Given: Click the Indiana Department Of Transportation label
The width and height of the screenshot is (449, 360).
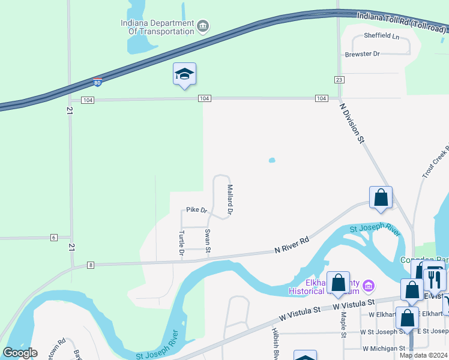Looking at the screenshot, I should (157, 28).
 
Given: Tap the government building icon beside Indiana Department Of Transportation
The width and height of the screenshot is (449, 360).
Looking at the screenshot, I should (203, 25).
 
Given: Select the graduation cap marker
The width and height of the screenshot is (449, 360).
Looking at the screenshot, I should (184, 74).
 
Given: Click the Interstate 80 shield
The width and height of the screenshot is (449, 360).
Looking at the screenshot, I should (97, 82).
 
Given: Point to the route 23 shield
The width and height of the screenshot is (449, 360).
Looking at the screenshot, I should (339, 80).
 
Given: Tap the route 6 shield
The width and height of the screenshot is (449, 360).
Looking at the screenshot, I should (53, 238).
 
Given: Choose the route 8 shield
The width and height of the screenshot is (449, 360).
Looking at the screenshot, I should (91, 265).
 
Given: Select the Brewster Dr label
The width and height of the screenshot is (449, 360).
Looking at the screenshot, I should (363, 54).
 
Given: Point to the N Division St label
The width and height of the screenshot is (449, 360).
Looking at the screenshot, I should (352, 123).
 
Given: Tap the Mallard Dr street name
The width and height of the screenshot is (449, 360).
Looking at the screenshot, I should (229, 200).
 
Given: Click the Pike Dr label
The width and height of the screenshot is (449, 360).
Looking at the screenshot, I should (196, 210).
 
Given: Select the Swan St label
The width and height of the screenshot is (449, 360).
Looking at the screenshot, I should (208, 241).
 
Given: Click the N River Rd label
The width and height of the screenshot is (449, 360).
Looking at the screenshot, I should (292, 244).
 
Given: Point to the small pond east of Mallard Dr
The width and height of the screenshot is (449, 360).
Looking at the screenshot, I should (272, 160).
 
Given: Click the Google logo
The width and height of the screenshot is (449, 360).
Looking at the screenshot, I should (20, 353).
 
